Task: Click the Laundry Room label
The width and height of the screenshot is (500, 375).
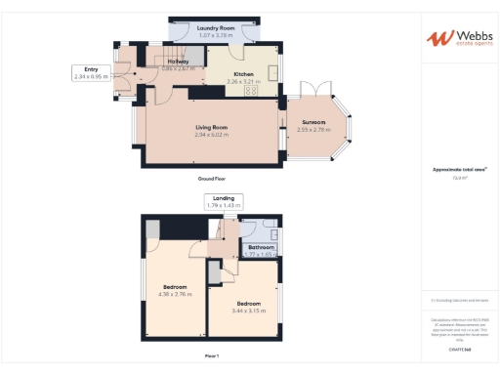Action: [216, 28]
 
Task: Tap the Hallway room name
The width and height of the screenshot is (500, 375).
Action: [177, 61]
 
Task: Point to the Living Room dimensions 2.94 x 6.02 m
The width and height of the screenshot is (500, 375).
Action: [211, 135]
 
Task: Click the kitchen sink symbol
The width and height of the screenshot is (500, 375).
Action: [274, 69]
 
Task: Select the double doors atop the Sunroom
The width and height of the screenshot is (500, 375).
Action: [314, 90]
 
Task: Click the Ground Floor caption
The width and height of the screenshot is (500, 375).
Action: [211, 180]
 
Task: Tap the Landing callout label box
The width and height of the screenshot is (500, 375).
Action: [224, 201]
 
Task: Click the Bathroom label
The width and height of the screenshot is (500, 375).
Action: [261, 247]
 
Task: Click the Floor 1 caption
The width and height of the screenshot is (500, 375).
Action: [211, 354]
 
